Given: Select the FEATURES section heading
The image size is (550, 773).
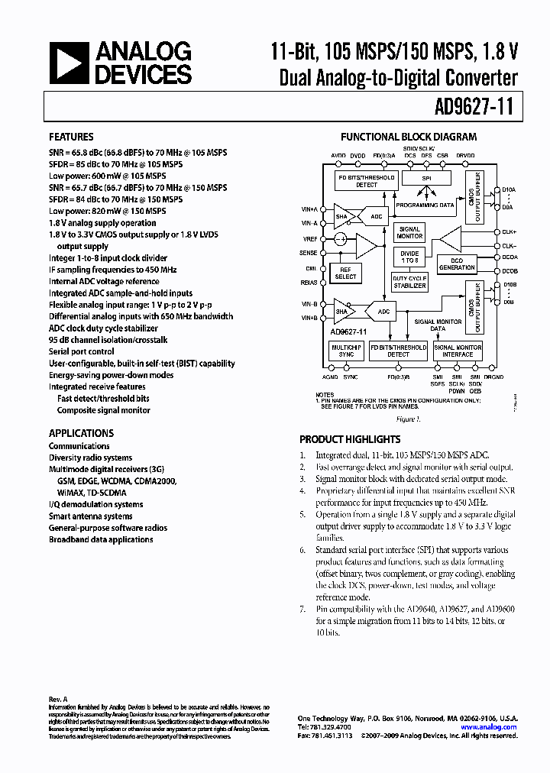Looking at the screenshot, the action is [72, 137].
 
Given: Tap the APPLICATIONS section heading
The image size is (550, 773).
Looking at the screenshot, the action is [81, 432].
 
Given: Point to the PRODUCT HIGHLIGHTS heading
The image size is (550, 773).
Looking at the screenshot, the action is [350, 439].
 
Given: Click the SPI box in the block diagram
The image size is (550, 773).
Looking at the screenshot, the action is [427, 179].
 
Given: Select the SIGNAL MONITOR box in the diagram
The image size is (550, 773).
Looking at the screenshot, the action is [409, 232].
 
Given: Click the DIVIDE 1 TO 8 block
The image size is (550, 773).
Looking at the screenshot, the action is [409, 257].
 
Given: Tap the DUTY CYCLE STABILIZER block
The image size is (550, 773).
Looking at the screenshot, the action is [409, 283].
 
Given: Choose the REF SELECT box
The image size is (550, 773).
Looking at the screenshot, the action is [345, 273].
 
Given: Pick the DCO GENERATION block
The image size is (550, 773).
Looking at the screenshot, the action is [457, 264].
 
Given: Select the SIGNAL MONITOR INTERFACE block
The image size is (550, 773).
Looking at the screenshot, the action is [458, 351].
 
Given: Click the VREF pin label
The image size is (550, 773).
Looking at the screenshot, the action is [309, 238].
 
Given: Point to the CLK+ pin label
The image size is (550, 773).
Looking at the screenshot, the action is [510, 231].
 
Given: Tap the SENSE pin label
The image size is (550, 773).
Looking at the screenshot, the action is [308, 252].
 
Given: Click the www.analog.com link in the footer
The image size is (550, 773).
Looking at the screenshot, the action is [499, 727].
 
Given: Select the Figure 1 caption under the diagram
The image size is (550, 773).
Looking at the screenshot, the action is [408, 419].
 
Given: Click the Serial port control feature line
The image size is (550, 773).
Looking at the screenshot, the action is [82, 351].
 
